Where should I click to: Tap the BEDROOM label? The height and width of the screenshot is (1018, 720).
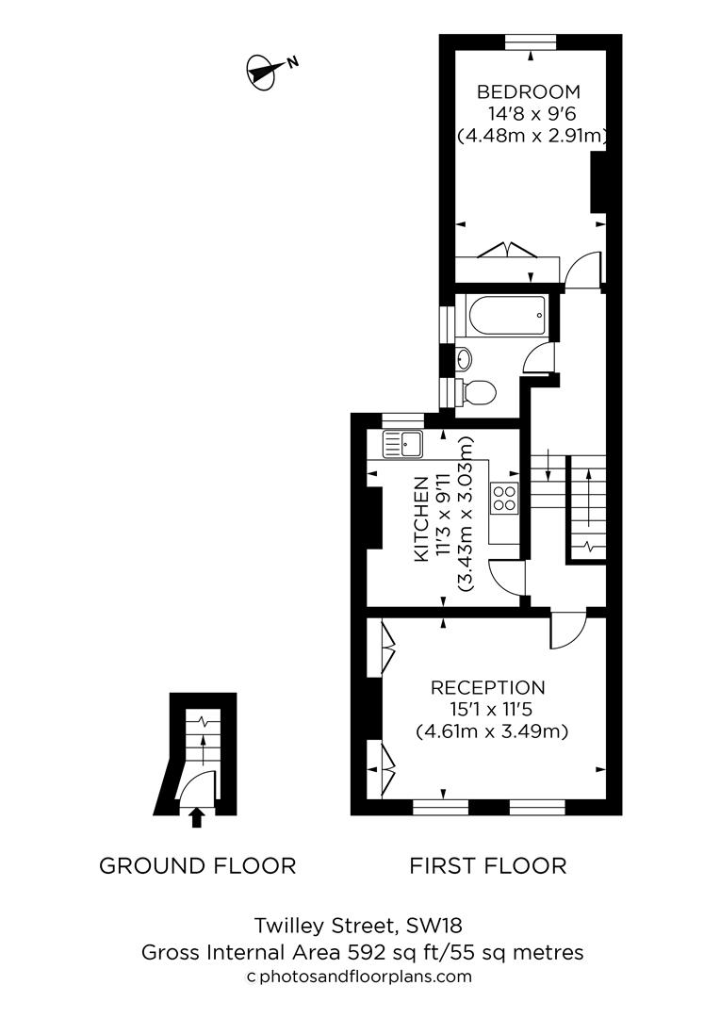tap(528, 91)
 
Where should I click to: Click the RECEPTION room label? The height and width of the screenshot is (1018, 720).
tap(488, 687)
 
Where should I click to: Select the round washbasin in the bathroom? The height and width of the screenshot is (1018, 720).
tap(464, 358)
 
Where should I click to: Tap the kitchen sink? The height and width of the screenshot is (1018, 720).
tap(404, 443)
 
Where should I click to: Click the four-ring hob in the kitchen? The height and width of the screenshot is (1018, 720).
tap(504, 497)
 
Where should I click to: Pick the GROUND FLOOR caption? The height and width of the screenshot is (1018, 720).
tap(198, 865)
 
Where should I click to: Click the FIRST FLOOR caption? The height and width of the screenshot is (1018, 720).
tap(488, 865)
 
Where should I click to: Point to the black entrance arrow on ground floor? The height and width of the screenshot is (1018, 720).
tap(196, 816)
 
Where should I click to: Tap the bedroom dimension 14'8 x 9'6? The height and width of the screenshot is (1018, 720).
tap(531, 114)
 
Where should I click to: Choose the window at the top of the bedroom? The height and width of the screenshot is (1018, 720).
tap(531, 41)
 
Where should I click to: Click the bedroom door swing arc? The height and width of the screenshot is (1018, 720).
tap(584, 267)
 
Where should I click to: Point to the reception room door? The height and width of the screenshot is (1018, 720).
tap(567, 630)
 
